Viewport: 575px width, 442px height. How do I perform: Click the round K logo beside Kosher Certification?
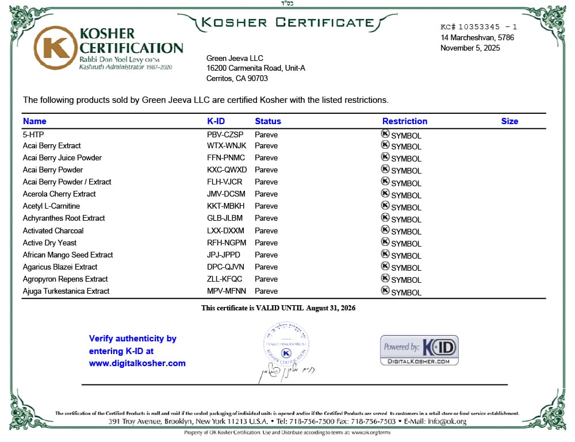[x=55, y=47]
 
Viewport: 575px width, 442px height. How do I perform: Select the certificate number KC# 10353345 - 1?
[x=478, y=27]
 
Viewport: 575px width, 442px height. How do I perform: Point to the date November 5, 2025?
[x=470, y=48]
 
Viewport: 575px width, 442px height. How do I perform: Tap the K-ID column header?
[x=216, y=121]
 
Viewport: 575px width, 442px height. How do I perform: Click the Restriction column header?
[x=405, y=121]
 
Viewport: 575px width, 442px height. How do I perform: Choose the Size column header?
[x=509, y=121]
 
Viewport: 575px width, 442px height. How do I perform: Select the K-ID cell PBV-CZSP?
[x=225, y=134]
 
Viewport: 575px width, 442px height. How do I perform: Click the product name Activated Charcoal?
[x=53, y=230]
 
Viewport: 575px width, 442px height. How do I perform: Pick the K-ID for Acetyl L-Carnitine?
[x=225, y=206]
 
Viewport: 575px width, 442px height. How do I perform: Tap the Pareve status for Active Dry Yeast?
[x=266, y=243]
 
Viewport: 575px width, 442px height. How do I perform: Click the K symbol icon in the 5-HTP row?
[x=385, y=133]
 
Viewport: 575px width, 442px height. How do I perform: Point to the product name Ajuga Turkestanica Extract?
[x=66, y=291]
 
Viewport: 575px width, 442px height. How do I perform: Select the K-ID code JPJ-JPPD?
[x=224, y=255]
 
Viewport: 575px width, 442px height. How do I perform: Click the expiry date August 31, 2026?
[x=331, y=308]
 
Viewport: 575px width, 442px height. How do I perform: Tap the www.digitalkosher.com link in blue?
[x=137, y=363]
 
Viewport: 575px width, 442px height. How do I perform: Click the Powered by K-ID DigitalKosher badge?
[x=419, y=350]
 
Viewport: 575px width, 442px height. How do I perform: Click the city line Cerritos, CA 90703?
[x=237, y=78]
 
